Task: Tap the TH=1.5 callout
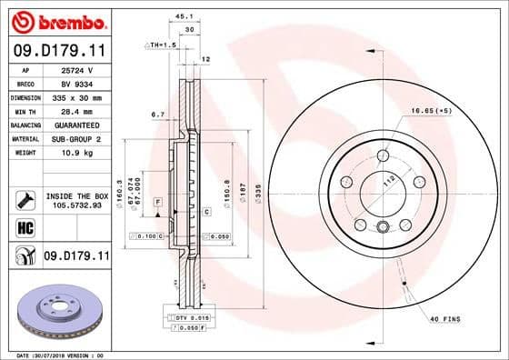[163, 44]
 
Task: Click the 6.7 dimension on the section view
[156, 115]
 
